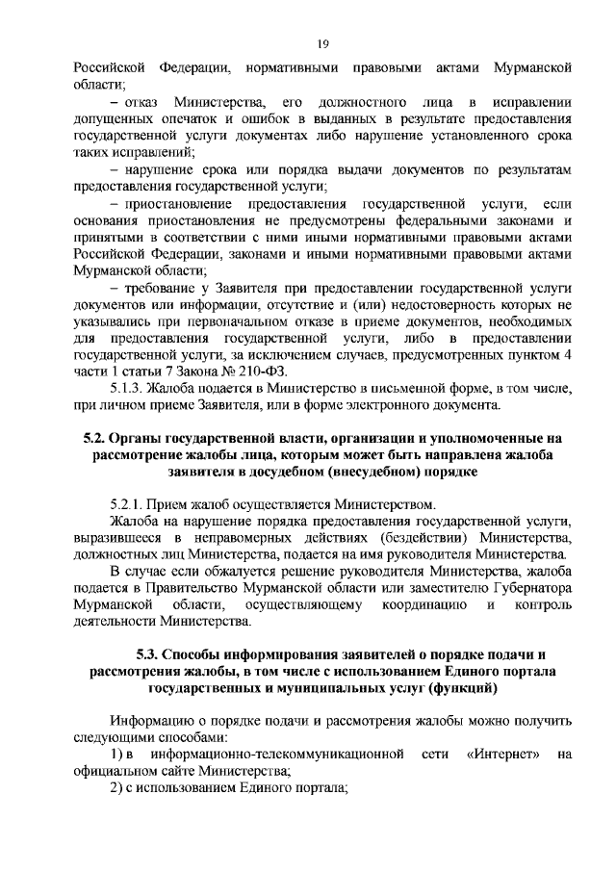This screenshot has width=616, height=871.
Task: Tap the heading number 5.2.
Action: click(x=94, y=439)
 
